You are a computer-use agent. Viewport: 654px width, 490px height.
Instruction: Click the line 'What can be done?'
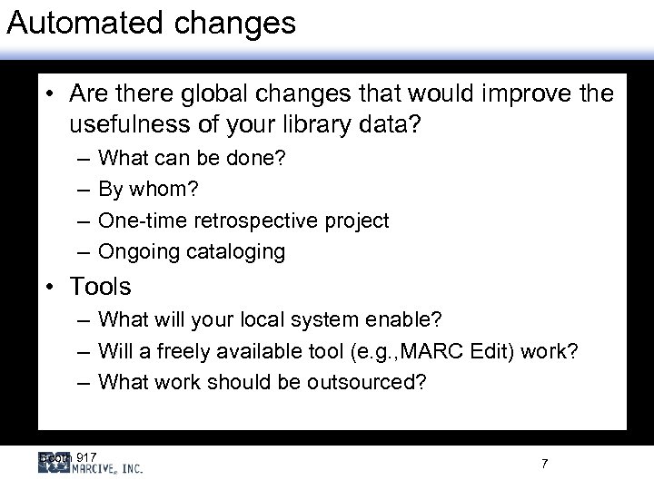click(x=191, y=159)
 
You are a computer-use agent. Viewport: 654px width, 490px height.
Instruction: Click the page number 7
click(x=544, y=464)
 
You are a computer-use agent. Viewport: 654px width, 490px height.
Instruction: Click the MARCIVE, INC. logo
click(x=91, y=466)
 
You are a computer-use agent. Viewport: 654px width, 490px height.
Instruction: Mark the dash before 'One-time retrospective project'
click(x=83, y=221)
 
